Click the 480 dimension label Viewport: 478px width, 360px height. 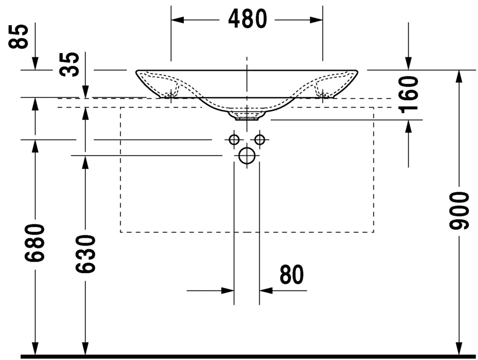[x=247, y=19]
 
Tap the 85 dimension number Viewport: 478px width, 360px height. [x=19, y=36]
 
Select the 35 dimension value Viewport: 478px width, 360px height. [x=69, y=64]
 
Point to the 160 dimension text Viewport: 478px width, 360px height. [x=408, y=94]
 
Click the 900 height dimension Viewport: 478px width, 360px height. [x=458, y=211]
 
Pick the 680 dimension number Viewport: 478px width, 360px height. [x=35, y=243]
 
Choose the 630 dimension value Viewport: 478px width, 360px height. [x=86, y=253]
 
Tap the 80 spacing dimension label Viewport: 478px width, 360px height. [x=292, y=274]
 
